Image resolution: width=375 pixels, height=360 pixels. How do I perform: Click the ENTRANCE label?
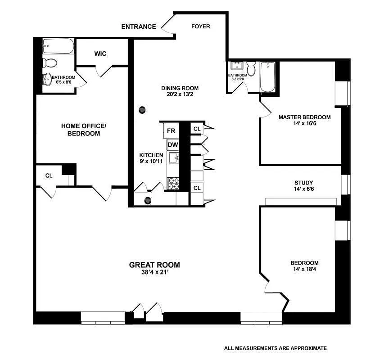139,27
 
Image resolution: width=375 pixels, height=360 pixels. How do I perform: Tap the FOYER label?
200,26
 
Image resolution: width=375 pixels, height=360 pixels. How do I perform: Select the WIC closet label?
100,54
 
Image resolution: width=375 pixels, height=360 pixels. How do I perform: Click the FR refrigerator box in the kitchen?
171,131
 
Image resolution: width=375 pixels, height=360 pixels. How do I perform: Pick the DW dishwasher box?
172,145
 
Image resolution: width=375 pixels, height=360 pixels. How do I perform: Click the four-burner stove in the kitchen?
173,183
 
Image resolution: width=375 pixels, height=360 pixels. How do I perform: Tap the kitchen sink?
174,157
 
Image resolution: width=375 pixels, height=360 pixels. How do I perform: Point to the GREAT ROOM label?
154,265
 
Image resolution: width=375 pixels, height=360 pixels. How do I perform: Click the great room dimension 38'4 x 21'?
154,272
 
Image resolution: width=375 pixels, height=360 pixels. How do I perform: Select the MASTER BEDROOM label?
304,117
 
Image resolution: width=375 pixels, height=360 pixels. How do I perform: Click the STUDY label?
304,183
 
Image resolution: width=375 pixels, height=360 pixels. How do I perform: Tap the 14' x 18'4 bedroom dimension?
304,270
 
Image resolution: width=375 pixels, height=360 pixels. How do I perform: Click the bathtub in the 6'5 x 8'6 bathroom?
58,46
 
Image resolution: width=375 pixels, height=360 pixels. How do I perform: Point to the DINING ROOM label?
180,88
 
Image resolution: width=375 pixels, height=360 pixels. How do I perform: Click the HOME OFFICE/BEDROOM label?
83,130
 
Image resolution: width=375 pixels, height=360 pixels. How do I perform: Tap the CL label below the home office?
49,175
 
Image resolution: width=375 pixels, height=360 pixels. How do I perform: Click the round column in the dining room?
142,109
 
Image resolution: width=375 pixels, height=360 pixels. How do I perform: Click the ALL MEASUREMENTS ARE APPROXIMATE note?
275,348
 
